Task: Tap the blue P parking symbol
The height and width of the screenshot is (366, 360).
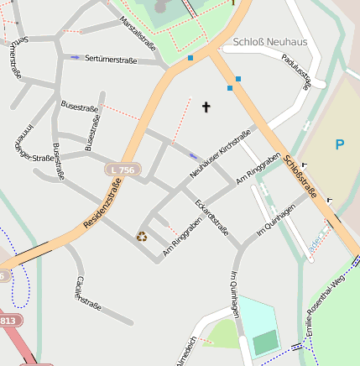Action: [339, 144]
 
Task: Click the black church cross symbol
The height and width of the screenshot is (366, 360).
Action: [206, 107]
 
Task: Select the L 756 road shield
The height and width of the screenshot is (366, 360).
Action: [122, 170]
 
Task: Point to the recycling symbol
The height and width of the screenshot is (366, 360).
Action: [142, 237]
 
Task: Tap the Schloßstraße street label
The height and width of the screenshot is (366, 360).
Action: [300, 177]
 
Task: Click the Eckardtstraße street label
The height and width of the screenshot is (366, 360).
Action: [211, 217]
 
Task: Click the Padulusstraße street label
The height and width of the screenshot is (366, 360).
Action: [302, 71]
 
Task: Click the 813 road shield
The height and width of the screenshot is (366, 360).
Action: [7, 321]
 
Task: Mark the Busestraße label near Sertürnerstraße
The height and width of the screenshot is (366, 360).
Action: [80, 107]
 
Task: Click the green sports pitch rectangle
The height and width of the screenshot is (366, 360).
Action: [265, 342]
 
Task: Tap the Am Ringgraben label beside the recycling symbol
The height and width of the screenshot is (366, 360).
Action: [181, 238]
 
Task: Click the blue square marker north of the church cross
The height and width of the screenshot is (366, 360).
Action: [190, 58]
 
